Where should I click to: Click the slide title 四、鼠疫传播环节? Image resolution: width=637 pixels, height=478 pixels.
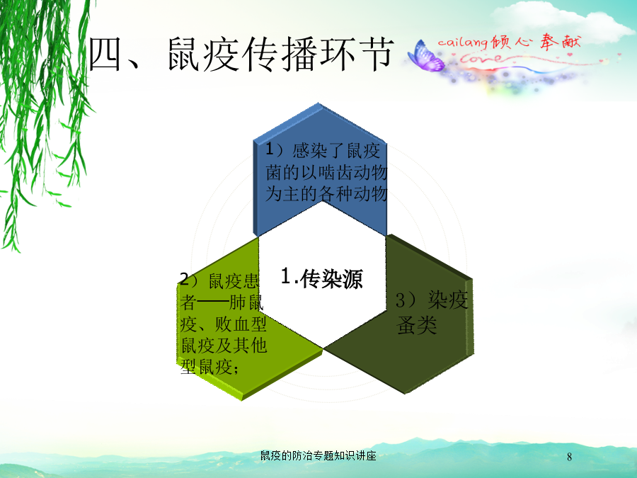(x=241, y=54)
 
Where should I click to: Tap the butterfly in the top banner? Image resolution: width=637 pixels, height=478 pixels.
(x=426, y=57)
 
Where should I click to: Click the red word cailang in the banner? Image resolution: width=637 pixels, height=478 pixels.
(x=463, y=42)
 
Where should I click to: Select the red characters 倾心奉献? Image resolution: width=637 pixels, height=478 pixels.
(x=536, y=42)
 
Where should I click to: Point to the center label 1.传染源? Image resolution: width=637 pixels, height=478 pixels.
(x=322, y=278)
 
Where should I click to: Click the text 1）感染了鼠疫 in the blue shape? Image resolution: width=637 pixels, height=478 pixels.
(x=323, y=151)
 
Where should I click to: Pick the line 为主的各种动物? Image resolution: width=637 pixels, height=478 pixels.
(x=326, y=193)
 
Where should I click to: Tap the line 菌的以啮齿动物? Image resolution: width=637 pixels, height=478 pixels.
(x=326, y=172)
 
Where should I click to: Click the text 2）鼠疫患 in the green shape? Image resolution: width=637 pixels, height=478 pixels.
(x=219, y=280)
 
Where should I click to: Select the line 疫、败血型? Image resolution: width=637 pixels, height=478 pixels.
(x=224, y=324)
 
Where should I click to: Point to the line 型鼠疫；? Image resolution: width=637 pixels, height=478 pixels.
(x=210, y=368)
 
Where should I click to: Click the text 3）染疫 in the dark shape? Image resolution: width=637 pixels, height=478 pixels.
(x=432, y=301)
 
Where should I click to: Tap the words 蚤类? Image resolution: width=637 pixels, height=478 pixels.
(x=417, y=325)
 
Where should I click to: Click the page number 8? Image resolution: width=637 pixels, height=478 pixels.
(x=569, y=457)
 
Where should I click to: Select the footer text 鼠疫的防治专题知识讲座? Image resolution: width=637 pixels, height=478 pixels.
(x=318, y=455)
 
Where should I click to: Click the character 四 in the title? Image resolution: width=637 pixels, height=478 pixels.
(x=105, y=54)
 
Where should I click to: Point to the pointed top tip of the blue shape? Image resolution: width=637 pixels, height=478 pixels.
(x=318, y=103)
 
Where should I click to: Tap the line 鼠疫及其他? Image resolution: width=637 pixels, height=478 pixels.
(x=224, y=346)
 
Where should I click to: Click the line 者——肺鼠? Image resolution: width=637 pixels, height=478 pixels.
(x=222, y=302)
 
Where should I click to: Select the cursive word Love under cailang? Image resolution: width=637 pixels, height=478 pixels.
(x=479, y=59)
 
